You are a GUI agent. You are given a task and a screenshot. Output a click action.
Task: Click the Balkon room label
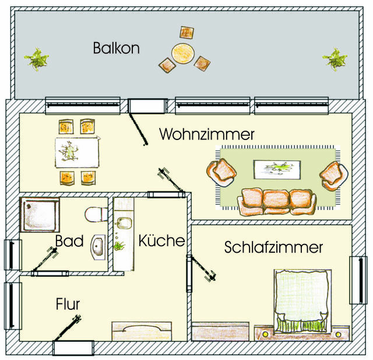(x=116, y=48)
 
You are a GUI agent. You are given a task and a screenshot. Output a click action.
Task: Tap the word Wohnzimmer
(x=206, y=135)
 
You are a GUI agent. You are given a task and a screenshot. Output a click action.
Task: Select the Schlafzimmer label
(x=273, y=248)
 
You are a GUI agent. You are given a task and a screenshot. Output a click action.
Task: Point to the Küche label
(x=161, y=240)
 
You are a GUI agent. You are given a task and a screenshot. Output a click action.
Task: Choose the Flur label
(x=68, y=304)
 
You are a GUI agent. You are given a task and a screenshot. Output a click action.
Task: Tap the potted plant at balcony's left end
(x=37, y=58)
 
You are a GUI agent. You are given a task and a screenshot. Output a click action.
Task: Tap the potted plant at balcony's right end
(x=335, y=58)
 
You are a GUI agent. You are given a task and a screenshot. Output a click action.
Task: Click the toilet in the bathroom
(x=94, y=215)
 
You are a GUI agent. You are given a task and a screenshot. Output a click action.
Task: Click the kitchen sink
(x=124, y=223)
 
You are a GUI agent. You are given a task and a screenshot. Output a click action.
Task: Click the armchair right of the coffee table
(x=333, y=174)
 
